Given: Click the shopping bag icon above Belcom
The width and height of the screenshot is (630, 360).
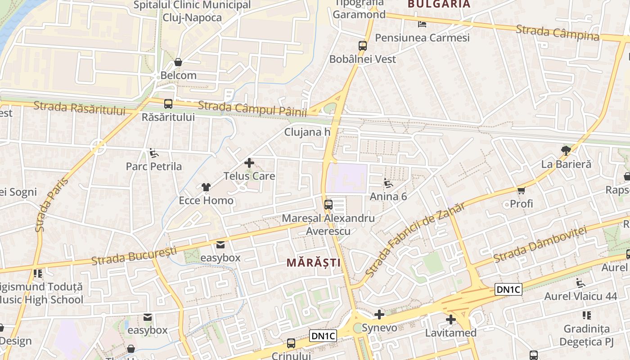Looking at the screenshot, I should pos(178,62).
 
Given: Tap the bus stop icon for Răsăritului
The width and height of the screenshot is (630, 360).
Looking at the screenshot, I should pos(168,104).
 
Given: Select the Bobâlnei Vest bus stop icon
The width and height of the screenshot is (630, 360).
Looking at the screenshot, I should pos(363,45).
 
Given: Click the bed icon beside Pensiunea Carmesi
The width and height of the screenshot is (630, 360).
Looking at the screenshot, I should pos(422,24).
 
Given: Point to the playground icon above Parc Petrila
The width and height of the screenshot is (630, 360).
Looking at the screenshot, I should pos(154,153).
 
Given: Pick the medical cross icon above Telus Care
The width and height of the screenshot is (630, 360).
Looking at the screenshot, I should pos(249,162).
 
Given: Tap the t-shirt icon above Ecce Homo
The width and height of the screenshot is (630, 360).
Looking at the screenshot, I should pos(206,187).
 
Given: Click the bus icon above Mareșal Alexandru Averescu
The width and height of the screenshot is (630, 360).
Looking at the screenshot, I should pos(328,205).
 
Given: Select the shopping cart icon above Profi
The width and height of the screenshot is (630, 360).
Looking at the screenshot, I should pos(522,190).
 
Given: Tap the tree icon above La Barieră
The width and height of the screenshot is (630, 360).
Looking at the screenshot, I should pos(566,150).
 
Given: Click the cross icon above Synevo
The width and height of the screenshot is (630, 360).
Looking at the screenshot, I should pos(379,314).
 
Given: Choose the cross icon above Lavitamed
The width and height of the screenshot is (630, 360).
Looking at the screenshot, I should pos(451,319).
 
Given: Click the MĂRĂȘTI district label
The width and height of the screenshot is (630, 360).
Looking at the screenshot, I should pos(314,262).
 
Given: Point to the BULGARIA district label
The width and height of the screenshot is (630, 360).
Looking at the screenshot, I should pos(439,4).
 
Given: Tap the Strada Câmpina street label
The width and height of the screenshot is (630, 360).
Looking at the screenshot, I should pos(558,32).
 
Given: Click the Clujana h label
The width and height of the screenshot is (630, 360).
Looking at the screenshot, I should pos(307,132).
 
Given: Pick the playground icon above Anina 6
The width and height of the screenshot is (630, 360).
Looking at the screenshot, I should pos(388,183).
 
